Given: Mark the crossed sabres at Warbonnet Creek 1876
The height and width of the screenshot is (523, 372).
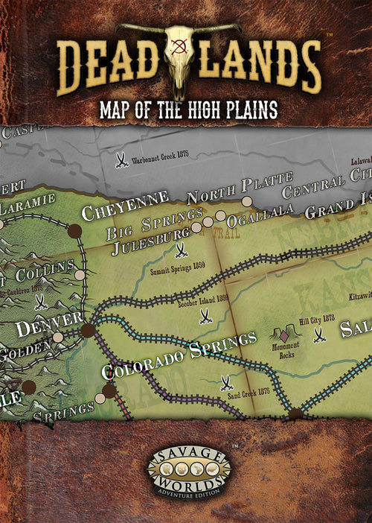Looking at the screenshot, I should (121, 159).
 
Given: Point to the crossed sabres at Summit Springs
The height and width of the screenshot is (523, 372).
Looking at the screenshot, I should (179, 251).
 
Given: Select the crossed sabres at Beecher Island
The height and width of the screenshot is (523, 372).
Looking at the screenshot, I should (205, 317).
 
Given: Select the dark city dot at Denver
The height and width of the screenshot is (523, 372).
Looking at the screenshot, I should (88, 329).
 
